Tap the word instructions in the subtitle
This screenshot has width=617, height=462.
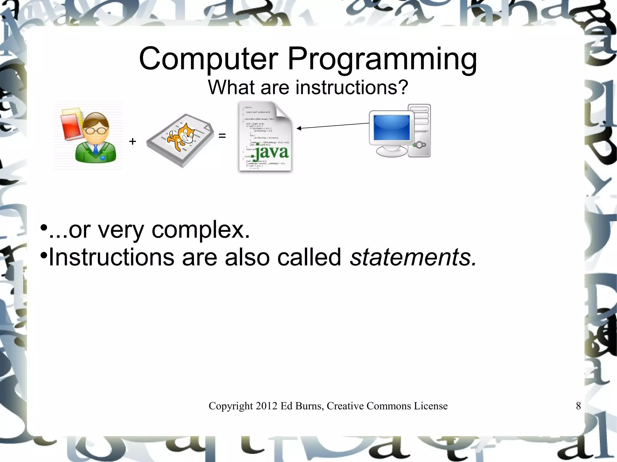[x=343, y=87]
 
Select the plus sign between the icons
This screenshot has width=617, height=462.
[x=132, y=141]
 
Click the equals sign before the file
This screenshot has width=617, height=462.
[x=222, y=136]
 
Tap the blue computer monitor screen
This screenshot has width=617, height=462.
[x=391, y=128]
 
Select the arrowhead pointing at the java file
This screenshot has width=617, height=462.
[x=299, y=129]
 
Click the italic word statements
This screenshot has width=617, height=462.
[x=413, y=257]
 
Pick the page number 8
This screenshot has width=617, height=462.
[x=578, y=406]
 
